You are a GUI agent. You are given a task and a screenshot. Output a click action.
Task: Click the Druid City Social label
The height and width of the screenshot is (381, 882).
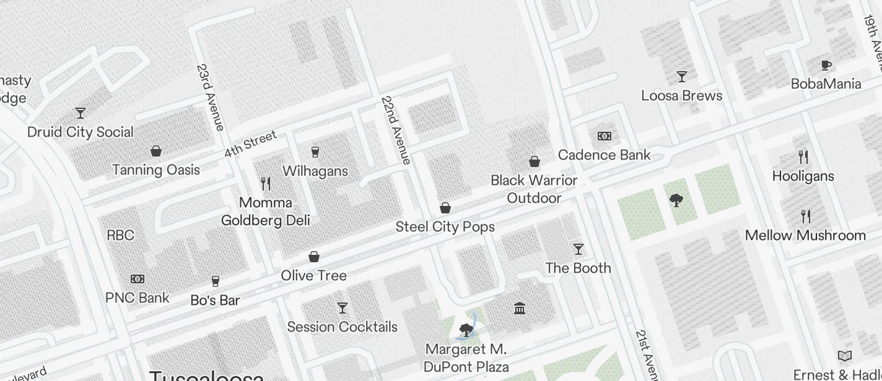[81, 132]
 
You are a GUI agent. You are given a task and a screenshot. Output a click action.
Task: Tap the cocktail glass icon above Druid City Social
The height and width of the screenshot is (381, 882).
[81, 113]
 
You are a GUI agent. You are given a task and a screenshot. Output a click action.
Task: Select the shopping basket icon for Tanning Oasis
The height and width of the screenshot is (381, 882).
[156, 151]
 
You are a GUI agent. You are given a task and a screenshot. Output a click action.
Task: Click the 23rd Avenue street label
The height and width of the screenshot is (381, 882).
[210, 97]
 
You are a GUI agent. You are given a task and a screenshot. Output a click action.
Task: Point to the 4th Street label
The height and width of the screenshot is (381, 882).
[250, 143]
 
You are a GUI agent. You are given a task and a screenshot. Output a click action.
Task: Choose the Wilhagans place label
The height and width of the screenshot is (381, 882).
[315, 171]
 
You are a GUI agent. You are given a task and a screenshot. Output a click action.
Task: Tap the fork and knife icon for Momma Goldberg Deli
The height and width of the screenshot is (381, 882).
[266, 183]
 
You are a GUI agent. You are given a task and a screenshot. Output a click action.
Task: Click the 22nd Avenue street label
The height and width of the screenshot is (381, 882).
[396, 130]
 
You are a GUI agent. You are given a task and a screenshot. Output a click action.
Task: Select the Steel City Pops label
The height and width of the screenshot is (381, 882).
[445, 226]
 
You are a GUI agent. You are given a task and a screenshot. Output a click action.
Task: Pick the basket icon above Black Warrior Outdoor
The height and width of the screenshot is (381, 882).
[535, 161]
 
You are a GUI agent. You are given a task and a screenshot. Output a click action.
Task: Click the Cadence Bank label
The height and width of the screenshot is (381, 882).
[604, 155]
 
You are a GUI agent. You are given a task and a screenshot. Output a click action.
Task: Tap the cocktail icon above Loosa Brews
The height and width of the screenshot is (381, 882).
[682, 77]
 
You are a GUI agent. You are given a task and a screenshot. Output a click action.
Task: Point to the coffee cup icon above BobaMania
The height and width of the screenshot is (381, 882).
[826, 65]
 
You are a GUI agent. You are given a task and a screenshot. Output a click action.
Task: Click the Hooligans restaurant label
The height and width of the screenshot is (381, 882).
[803, 176]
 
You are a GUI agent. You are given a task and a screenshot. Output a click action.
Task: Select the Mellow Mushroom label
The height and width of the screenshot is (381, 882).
[805, 235]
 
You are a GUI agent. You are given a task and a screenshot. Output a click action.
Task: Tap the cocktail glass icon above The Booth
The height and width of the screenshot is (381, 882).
[579, 249]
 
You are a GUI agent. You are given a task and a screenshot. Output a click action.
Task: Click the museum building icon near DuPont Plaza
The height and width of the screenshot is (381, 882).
[520, 308]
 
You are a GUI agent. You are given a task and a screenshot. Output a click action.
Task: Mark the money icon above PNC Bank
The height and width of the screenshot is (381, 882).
[138, 279]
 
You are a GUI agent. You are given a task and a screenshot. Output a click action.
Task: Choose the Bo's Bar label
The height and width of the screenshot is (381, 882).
[215, 301]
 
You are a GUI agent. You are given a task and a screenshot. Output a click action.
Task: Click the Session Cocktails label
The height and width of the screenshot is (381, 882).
[342, 327]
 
